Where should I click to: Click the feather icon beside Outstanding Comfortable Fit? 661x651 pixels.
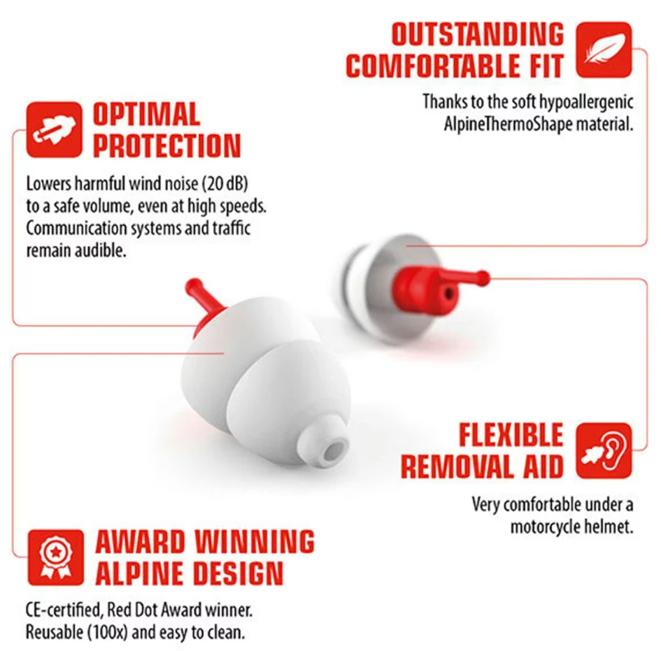click(x=604, y=50)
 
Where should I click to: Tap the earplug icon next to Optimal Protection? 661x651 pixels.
click(x=55, y=129)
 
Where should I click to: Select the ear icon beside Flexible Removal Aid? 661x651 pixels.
click(x=604, y=451)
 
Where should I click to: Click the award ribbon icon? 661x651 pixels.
click(x=56, y=557)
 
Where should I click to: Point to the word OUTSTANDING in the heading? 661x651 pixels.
click(x=478, y=34)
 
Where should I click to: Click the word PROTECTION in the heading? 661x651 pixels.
click(x=167, y=145)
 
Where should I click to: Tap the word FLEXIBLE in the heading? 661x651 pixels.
click(x=511, y=435)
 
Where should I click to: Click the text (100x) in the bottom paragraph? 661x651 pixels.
click(x=108, y=632)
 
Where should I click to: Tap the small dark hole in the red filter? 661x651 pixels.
click(x=448, y=292)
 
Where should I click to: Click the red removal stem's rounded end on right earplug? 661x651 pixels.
click(x=484, y=278)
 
